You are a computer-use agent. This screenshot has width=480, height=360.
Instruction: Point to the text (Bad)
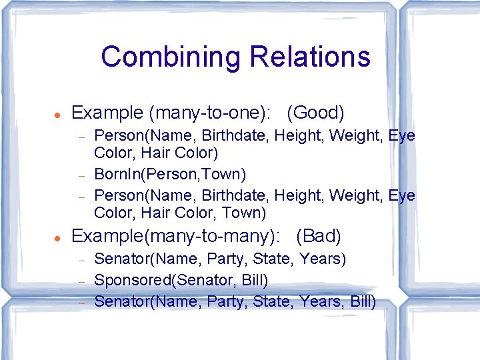point(319,236)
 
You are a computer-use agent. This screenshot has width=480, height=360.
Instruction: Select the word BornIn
point(115,175)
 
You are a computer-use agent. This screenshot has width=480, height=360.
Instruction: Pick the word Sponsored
point(131,280)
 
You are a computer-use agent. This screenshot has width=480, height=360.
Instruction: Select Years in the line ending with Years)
point(323,259)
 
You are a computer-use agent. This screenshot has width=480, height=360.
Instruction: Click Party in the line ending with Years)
point(226,259)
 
